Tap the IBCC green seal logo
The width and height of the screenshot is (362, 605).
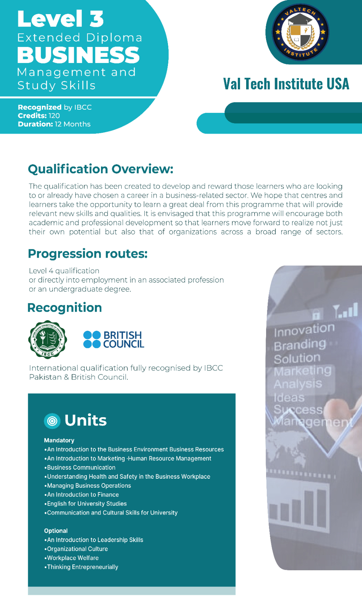[x=47, y=339]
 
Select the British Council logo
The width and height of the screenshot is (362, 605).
[x=114, y=339]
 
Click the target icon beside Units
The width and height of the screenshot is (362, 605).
[x=52, y=421]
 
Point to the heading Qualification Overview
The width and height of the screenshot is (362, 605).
[x=101, y=169]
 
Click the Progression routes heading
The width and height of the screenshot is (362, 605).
[x=88, y=254]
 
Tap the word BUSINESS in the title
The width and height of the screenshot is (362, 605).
[x=78, y=55]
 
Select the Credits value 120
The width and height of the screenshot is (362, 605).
[x=54, y=116]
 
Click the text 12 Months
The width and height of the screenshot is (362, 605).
[x=72, y=124]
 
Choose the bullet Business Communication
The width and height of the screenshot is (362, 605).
[x=81, y=467]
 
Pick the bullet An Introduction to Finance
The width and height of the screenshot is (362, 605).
[x=83, y=495]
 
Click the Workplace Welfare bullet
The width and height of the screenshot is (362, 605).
[x=72, y=558]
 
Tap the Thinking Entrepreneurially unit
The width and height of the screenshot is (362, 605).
[x=83, y=567]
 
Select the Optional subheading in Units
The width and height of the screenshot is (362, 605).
[x=56, y=531]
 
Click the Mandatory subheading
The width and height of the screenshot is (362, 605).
[x=59, y=440]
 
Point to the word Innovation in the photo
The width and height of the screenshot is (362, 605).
[x=304, y=329]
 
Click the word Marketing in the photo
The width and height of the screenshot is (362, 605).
[x=303, y=371]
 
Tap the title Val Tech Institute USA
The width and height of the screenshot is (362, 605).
[x=286, y=84]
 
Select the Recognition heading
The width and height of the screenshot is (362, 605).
[x=65, y=308]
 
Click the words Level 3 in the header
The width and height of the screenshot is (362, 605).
[x=60, y=19]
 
